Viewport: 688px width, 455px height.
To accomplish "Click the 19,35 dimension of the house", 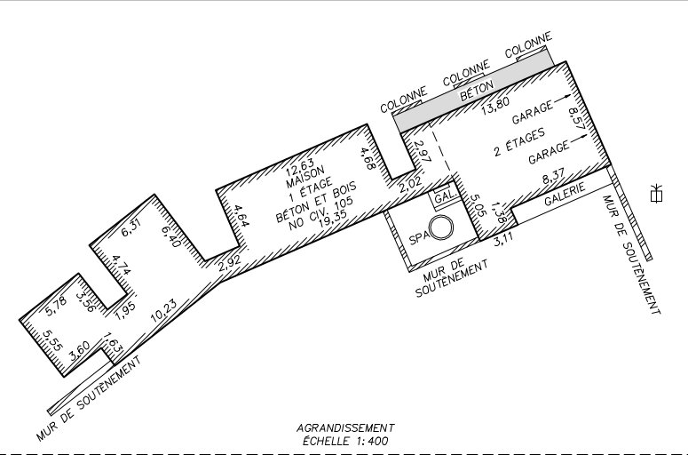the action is (332, 218).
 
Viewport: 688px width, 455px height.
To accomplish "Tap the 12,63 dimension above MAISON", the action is (300, 165).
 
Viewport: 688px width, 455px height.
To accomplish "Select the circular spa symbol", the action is (441, 227).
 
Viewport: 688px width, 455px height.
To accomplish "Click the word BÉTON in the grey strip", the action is (477, 90).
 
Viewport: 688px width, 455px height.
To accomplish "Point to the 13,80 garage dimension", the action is (495, 106).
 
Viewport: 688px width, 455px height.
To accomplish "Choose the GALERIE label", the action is (565, 194).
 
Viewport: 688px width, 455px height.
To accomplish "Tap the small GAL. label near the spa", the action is (446, 196).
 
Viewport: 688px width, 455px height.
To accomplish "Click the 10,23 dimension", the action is (163, 310).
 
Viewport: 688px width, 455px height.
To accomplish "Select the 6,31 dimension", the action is (130, 227).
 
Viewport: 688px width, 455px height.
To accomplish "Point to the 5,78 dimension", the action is (56, 306).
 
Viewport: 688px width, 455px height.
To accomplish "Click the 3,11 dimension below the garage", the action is (503, 239).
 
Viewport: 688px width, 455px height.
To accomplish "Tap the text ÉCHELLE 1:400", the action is (345, 441).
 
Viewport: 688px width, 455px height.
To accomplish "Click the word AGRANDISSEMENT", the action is (345, 427).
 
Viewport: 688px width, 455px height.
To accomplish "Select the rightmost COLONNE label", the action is (528, 44).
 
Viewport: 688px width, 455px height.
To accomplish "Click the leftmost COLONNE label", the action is (404, 100).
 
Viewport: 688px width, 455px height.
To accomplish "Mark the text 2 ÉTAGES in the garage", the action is (519, 142).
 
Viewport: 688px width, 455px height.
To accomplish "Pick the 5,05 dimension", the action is (478, 204).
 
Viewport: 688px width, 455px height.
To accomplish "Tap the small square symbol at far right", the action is (656, 196).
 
